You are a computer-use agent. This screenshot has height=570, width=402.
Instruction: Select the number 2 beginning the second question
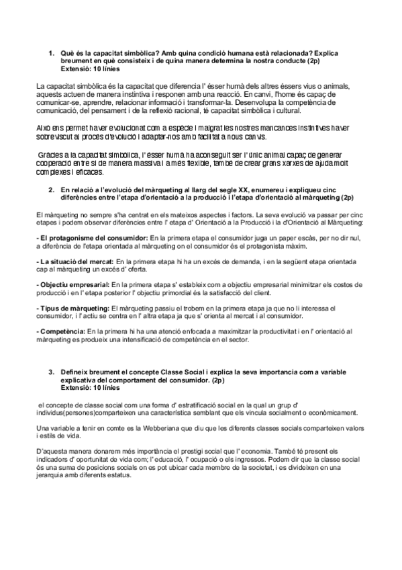[52, 190]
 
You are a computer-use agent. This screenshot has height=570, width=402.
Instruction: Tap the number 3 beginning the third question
[52, 372]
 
